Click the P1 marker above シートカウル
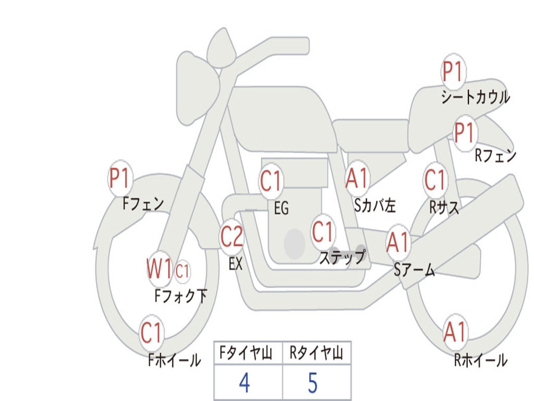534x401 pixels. (x=453, y=72)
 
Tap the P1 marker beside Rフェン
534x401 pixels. (x=465, y=133)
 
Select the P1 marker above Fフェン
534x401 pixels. (x=120, y=178)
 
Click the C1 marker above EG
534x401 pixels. (x=271, y=180)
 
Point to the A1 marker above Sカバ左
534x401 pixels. (x=357, y=178)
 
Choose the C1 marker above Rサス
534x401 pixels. (x=435, y=180)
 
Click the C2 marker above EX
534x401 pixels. (x=232, y=237)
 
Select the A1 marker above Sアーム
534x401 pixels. (x=397, y=242)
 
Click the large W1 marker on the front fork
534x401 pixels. (x=159, y=269)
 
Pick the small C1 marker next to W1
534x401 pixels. (x=182, y=272)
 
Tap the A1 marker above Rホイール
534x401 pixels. (x=455, y=332)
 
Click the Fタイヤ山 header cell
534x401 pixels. (x=248, y=352)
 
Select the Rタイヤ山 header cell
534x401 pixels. (x=317, y=352)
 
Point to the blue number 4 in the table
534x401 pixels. (x=245, y=383)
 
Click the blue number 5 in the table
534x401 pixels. (x=313, y=383)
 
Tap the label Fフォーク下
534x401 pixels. (x=181, y=296)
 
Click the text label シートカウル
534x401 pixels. (x=476, y=97)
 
